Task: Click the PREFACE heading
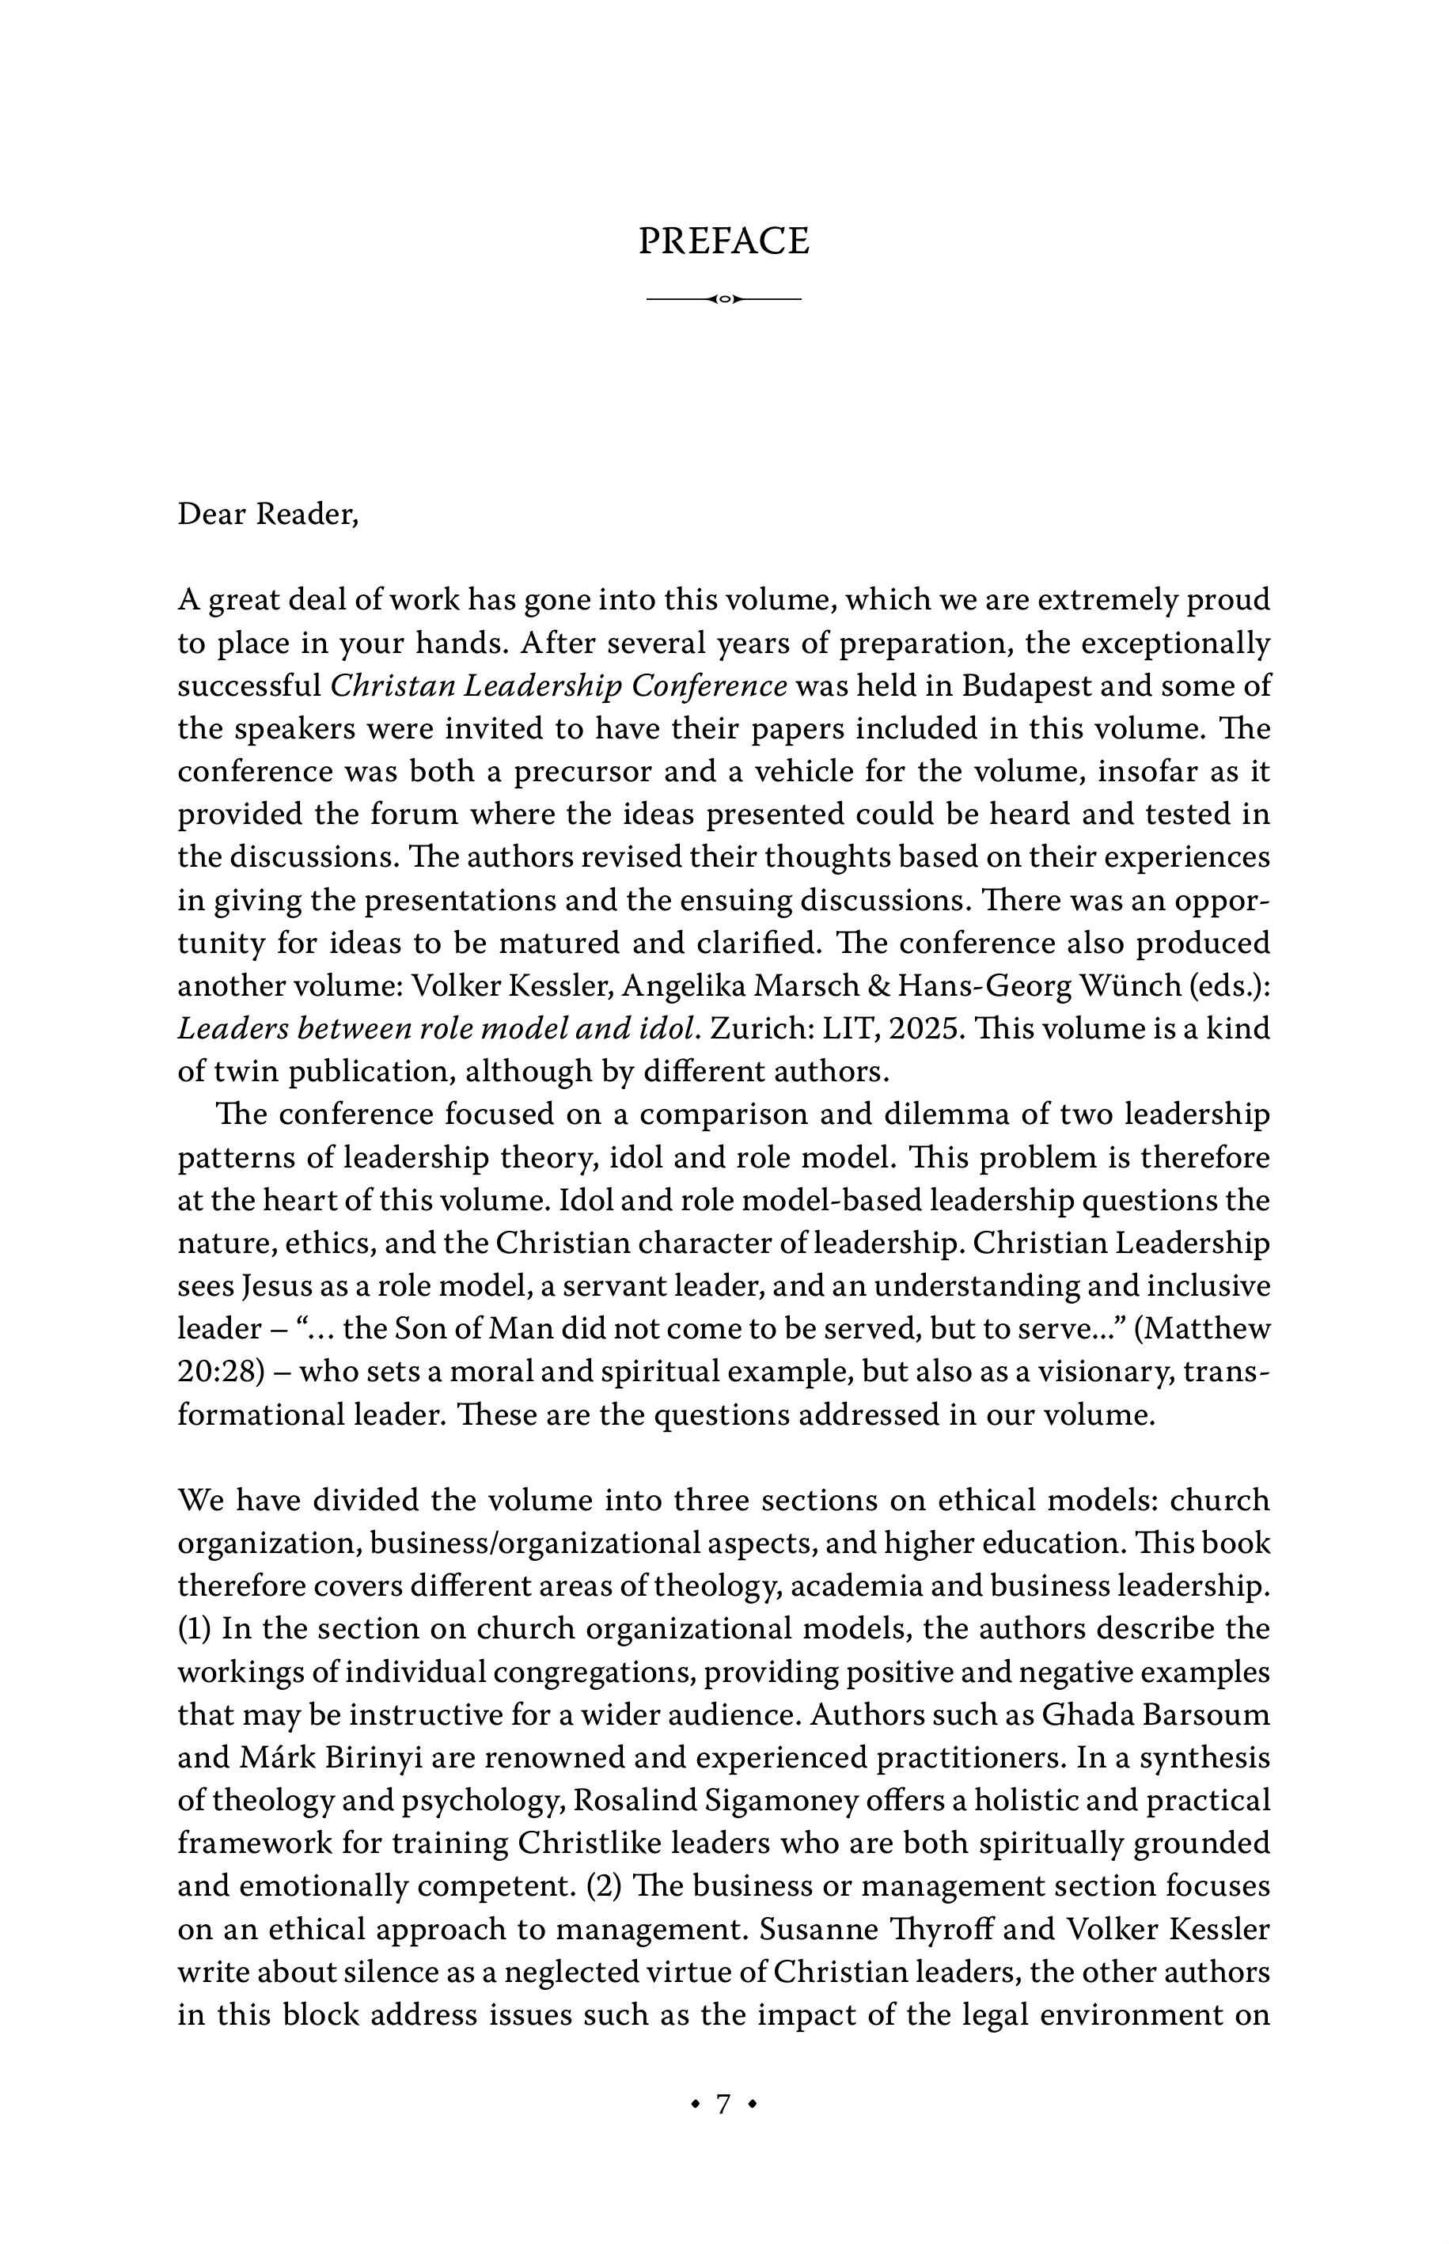pyautogui.click(x=723, y=241)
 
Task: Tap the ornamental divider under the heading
pyautogui.click(x=723, y=299)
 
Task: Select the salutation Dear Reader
pyautogui.click(x=268, y=514)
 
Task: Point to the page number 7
pyautogui.click(x=723, y=2105)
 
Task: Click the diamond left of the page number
pyautogui.click(x=696, y=2105)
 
